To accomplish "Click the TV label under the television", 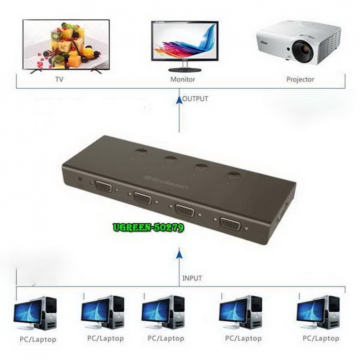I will pos(58,80).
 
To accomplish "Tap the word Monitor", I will pos(183,80).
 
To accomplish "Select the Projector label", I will pos(300,80).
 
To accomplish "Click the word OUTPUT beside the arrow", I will pos(196,99).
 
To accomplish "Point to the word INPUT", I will pos(192,278).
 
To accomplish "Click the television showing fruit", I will pos(66,44).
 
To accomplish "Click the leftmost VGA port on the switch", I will pos(103,186).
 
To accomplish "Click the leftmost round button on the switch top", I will pos(140,152).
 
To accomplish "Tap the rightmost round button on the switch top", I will pos(234,175).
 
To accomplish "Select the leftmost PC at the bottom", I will pos(35,313).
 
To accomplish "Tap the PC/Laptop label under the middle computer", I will pos(166,338).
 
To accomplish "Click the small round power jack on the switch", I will pos(81,178).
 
